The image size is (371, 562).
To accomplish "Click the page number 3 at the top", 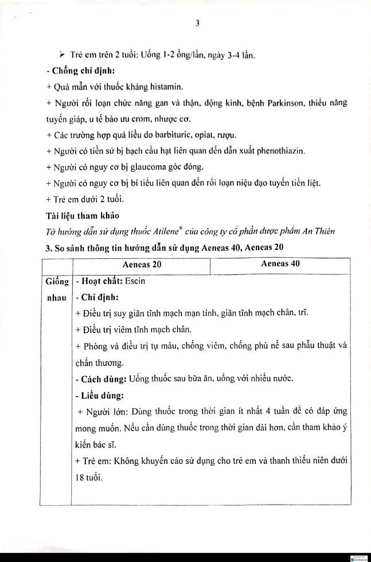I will [197, 24].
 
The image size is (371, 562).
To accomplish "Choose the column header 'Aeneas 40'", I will [280, 265].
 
